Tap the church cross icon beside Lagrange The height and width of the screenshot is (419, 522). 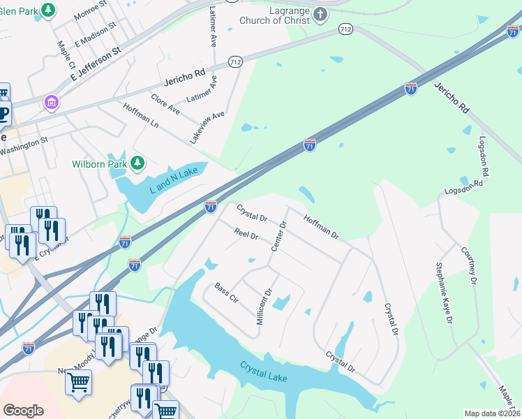click(x=320, y=15)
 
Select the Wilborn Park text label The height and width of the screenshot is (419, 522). click(x=100, y=164)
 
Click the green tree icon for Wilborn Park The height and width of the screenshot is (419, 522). click(x=138, y=163)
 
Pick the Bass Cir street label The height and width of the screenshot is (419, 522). click(x=227, y=293)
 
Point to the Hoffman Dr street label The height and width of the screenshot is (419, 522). click(x=321, y=227)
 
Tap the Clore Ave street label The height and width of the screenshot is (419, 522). click(x=165, y=102)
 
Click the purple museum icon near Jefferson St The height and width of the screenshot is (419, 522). click(x=51, y=103)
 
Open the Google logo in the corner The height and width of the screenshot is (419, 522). click(x=24, y=411)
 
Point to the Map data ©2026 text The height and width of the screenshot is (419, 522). click(x=492, y=413)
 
